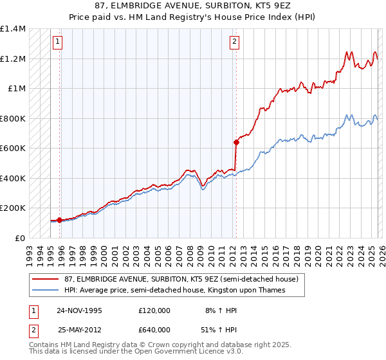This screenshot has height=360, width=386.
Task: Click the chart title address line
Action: [x=192, y=5]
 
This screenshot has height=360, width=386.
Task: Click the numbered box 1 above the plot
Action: [x=58, y=42]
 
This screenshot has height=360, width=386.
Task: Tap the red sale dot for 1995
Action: [x=60, y=220]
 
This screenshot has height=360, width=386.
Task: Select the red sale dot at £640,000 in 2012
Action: [x=236, y=143]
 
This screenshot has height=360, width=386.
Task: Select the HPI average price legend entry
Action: [x=174, y=291]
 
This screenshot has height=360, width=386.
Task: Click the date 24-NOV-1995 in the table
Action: [x=79, y=310]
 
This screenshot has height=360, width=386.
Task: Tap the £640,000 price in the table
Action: [x=154, y=330]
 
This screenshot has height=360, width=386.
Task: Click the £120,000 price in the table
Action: [x=154, y=310]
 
